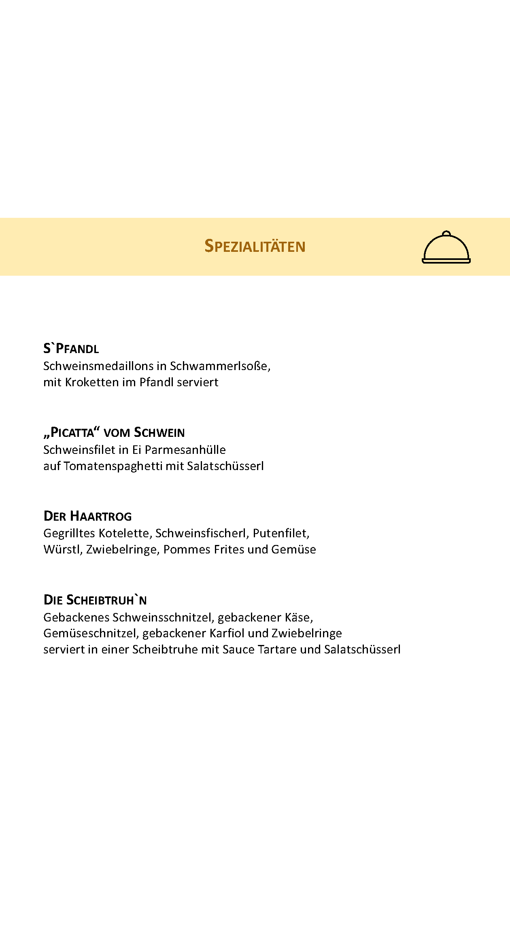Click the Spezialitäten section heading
point(255,246)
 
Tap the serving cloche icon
point(446,247)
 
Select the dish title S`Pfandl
point(71,349)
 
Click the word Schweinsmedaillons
point(99,366)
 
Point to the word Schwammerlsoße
point(219,366)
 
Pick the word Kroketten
point(91,382)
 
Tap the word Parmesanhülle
point(185,450)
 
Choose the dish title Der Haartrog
point(87,516)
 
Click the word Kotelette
point(125,533)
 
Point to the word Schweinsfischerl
point(201,533)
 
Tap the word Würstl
point(62,549)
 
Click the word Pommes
point(187,549)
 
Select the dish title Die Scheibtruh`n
point(95,600)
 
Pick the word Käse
point(299,617)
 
